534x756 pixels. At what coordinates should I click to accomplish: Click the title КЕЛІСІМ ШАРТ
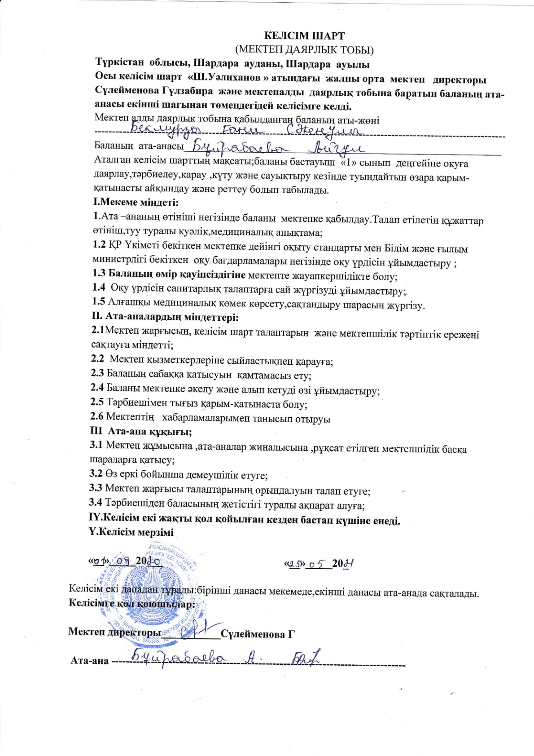click(x=304, y=35)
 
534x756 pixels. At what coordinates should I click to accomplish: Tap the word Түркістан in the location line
click(x=119, y=64)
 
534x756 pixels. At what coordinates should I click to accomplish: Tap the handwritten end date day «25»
click(x=294, y=563)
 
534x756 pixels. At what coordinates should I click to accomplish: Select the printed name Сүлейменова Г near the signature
click(x=258, y=634)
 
